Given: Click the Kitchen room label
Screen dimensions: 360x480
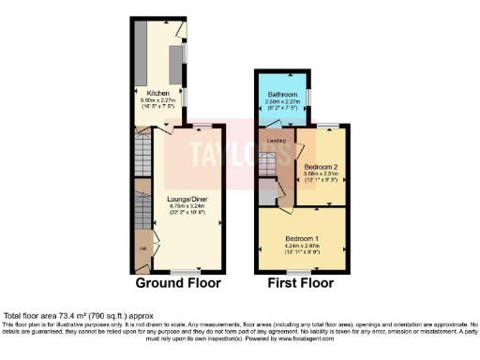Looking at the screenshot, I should (x=155, y=93).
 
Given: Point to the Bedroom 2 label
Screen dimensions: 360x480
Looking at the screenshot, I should (x=321, y=166).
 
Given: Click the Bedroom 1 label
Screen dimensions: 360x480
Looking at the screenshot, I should (x=302, y=239).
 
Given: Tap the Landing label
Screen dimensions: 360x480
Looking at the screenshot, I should (x=277, y=141).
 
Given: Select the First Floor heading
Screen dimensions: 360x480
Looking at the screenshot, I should (x=301, y=282).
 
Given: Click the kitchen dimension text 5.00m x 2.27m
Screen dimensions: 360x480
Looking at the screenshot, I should (x=155, y=99).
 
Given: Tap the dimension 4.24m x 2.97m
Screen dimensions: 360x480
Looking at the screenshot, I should (x=302, y=246).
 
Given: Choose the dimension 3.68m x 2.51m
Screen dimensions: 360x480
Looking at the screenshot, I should (x=321, y=172).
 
